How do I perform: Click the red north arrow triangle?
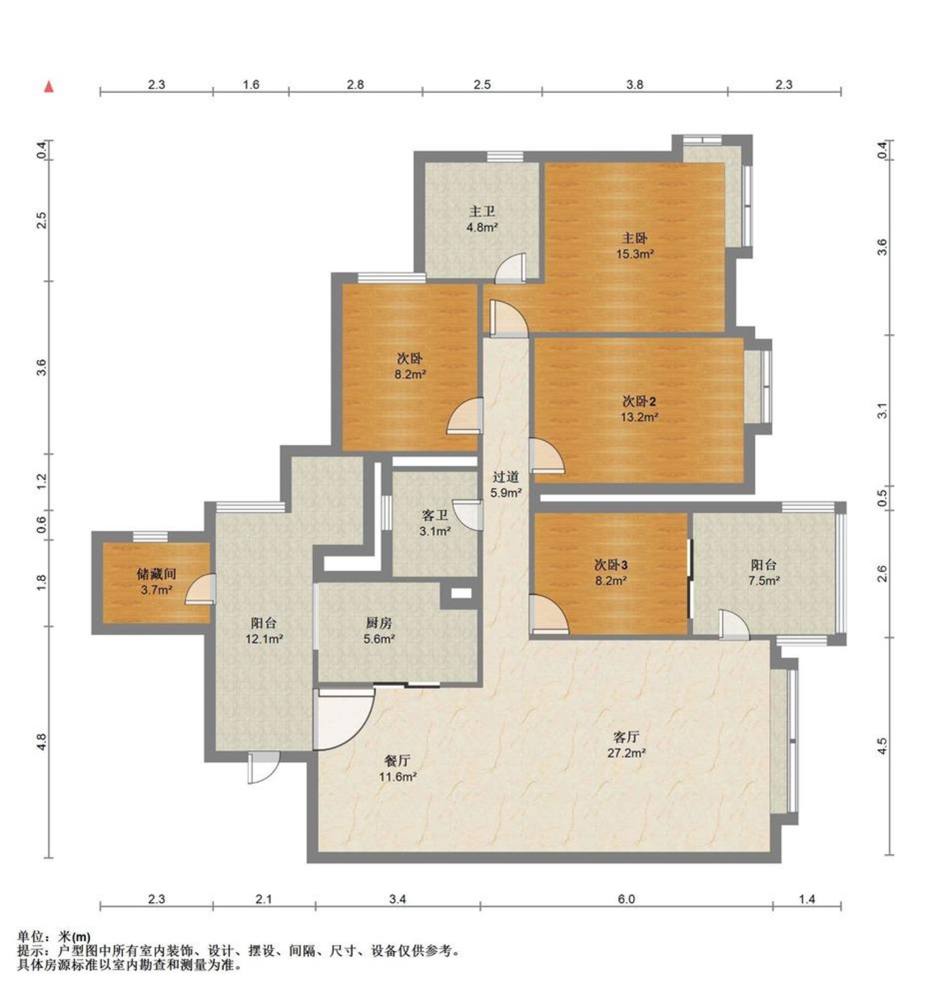click(x=49, y=87)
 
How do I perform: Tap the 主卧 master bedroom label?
click(x=635, y=237)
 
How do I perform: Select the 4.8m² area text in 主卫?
click(x=482, y=227)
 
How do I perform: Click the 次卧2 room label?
click(x=639, y=401)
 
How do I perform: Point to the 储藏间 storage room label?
click(x=157, y=574)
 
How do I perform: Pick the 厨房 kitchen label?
click(x=378, y=623)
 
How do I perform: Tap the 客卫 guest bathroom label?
click(x=435, y=515)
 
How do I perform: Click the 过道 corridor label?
click(x=506, y=476)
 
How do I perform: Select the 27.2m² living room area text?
click(x=626, y=752)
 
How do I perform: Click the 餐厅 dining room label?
click(x=397, y=761)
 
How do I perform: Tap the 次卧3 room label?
click(x=611, y=565)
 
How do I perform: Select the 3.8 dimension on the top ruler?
click(x=635, y=85)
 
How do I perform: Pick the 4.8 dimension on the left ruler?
click(x=41, y=742)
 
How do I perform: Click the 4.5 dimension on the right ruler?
click(x=882, y=746)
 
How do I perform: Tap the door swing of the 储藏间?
click(x=200, y=589)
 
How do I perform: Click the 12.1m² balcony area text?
click(x=264, y=639)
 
